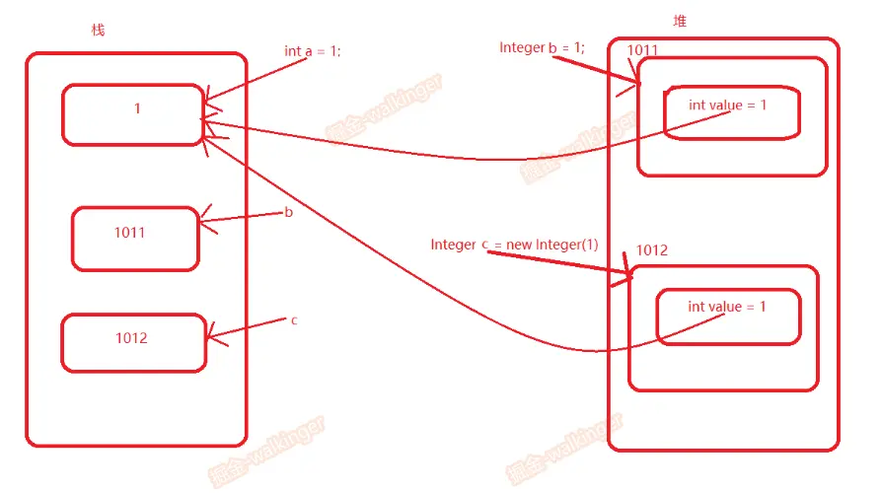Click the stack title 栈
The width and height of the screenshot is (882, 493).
click(x=98, y=31)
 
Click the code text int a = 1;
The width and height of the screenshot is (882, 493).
click(x=312, y=51)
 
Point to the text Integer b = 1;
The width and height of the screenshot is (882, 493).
click(x=542, y=47)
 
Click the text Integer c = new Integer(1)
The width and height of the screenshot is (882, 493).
click(x=514, y=245)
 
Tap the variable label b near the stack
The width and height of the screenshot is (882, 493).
click(x=288, y=212)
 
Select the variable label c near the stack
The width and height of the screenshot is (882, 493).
click(x=294, y=320)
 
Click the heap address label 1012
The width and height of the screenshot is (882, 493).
click(x=651, y=250)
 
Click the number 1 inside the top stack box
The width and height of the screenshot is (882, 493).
click(x=137, y=108)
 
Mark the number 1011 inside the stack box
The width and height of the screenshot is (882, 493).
click(x=130, y=234)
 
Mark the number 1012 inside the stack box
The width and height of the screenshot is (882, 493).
click(x=131, y=338)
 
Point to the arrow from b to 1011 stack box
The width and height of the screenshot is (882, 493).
click(x=242, y=218)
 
